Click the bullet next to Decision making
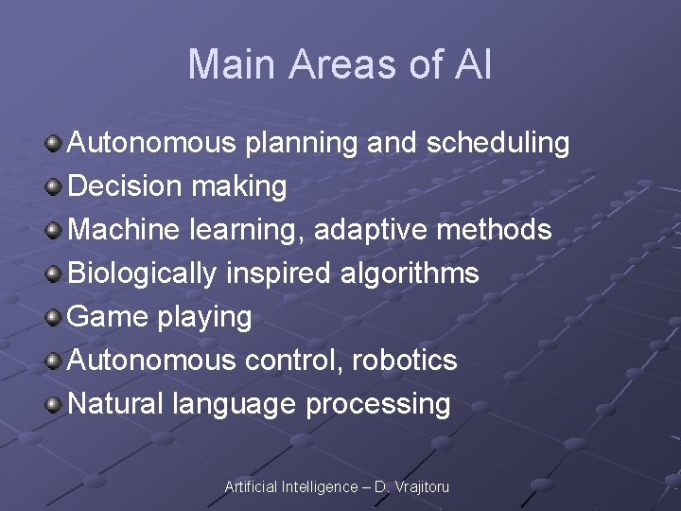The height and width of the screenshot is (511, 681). [55, 186]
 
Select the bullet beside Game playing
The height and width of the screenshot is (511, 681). [55, 317]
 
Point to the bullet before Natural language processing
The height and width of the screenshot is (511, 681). [55, 404]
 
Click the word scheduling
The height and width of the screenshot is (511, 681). [498, 144]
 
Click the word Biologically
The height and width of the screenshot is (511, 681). [143, 273]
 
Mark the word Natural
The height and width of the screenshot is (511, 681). [116, 404]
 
